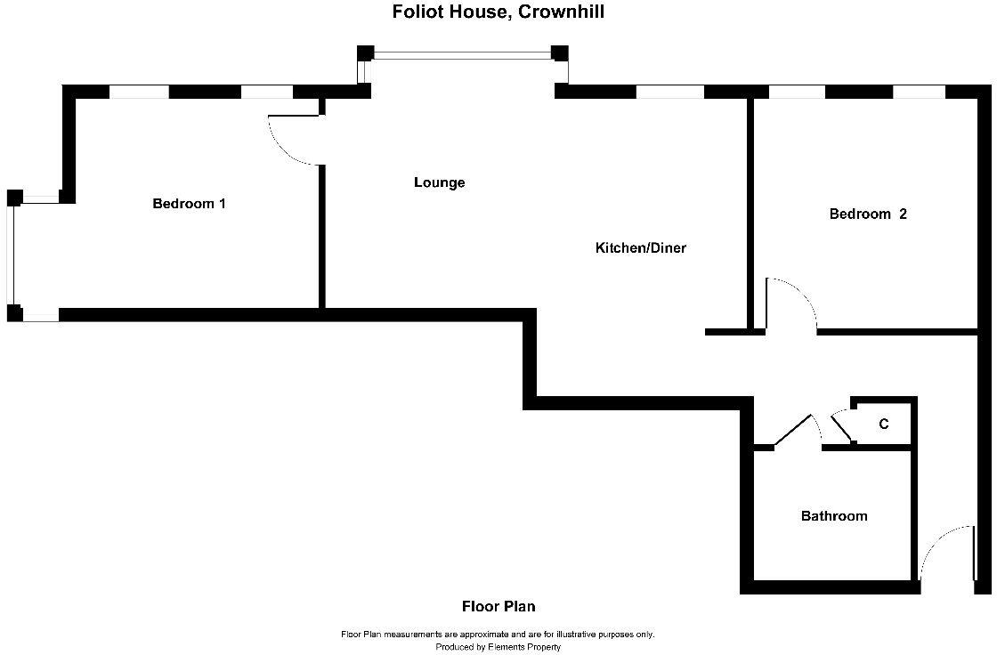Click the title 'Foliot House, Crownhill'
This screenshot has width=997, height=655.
[x=498, y=12]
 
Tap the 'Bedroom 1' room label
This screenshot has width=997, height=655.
[x=189, y=204]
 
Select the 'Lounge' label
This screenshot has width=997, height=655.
[x=439, y=182]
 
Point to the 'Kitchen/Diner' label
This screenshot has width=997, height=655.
[x=640, y=248]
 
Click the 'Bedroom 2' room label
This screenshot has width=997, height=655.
[x=867, y=214]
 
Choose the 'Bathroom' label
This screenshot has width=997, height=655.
[x=833, y=516]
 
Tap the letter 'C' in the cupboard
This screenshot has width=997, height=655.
[x=883, y=425]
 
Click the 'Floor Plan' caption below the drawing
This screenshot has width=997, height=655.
[x=498, y=607]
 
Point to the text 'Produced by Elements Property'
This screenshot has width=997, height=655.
[x=498, y=647]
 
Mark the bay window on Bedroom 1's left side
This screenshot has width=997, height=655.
[x=12, y=255]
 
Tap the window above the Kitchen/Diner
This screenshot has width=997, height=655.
[x=669, y=91]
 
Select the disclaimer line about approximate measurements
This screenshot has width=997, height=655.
[x=498, y=635]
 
